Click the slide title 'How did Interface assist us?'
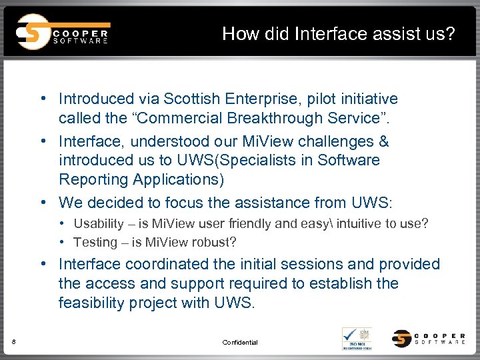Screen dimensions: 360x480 point(339,33)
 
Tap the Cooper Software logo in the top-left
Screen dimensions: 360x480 point(63,32)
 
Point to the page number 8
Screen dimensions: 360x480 point(14,342)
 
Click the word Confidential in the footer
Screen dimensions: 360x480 point(240,342)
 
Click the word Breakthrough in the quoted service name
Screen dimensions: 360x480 point(251,118)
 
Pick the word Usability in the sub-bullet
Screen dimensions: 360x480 point(99,223)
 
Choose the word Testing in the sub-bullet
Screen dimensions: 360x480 point(95,242)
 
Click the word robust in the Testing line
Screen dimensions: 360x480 point(215,242)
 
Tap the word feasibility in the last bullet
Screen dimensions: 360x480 point(92,302)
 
